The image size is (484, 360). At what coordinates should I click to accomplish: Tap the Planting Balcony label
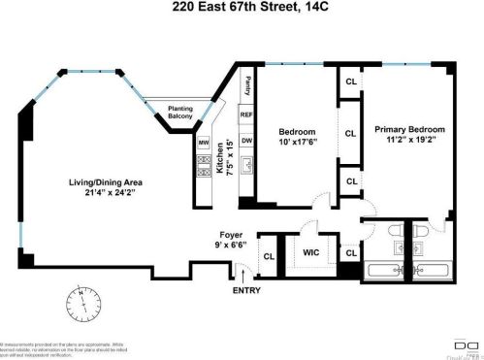[x=179, y=112]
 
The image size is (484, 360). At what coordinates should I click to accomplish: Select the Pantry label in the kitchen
[x=247, y=84]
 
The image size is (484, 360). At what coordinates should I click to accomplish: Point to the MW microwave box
[x=204, y=143]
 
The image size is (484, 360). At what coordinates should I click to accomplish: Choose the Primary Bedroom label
[x=408, y=130]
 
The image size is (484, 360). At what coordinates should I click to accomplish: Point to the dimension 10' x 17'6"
[x=297, y=143]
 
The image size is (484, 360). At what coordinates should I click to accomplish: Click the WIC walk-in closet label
[x=311, y=252]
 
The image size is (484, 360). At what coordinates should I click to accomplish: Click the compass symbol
[x=84, y=304]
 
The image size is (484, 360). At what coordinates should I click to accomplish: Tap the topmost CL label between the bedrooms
[x=350, y=82]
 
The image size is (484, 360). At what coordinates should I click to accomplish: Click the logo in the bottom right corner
[x=455, y=344]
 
